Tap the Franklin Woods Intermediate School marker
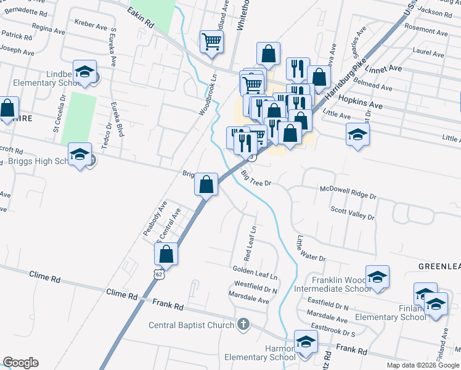tap(377, 277)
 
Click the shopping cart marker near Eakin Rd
tap(211, 42)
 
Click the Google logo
tap(20, 363)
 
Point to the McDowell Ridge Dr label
tap(348, 192)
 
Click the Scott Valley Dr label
tap(352, 213)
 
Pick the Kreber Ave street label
tap(91, 25)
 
